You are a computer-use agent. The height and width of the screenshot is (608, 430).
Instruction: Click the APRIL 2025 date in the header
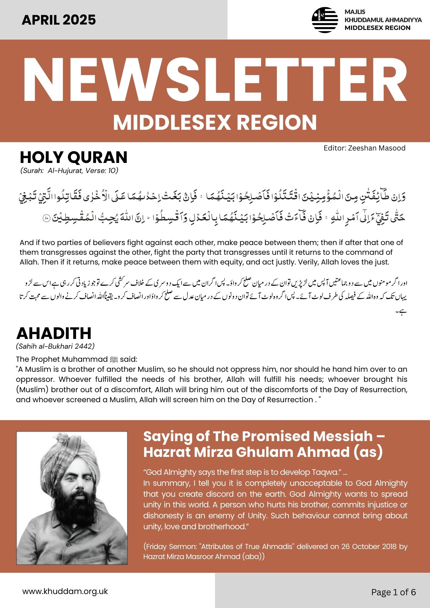tap(59, 20)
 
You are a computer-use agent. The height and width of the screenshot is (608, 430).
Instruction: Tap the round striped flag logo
tap(325, 20)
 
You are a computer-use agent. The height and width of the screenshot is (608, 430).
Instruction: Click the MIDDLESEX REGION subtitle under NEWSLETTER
tap(215, 123)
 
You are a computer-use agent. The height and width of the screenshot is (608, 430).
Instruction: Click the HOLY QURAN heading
tap(74, 157)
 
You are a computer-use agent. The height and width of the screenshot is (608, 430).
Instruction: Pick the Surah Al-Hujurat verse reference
tap(69, 171)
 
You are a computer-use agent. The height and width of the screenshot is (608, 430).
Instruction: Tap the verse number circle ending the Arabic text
tap(46, 218)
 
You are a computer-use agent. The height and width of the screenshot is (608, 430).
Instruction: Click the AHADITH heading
tap(54, 333)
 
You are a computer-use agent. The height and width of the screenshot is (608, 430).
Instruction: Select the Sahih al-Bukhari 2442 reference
tap(55, 346)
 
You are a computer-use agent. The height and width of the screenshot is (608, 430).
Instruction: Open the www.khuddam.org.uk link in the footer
tap(65, 591)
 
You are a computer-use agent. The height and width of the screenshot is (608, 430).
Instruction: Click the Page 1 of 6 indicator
tap(393, 592)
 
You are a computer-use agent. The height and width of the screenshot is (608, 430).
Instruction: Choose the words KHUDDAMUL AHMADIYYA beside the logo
tap(383, 20)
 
